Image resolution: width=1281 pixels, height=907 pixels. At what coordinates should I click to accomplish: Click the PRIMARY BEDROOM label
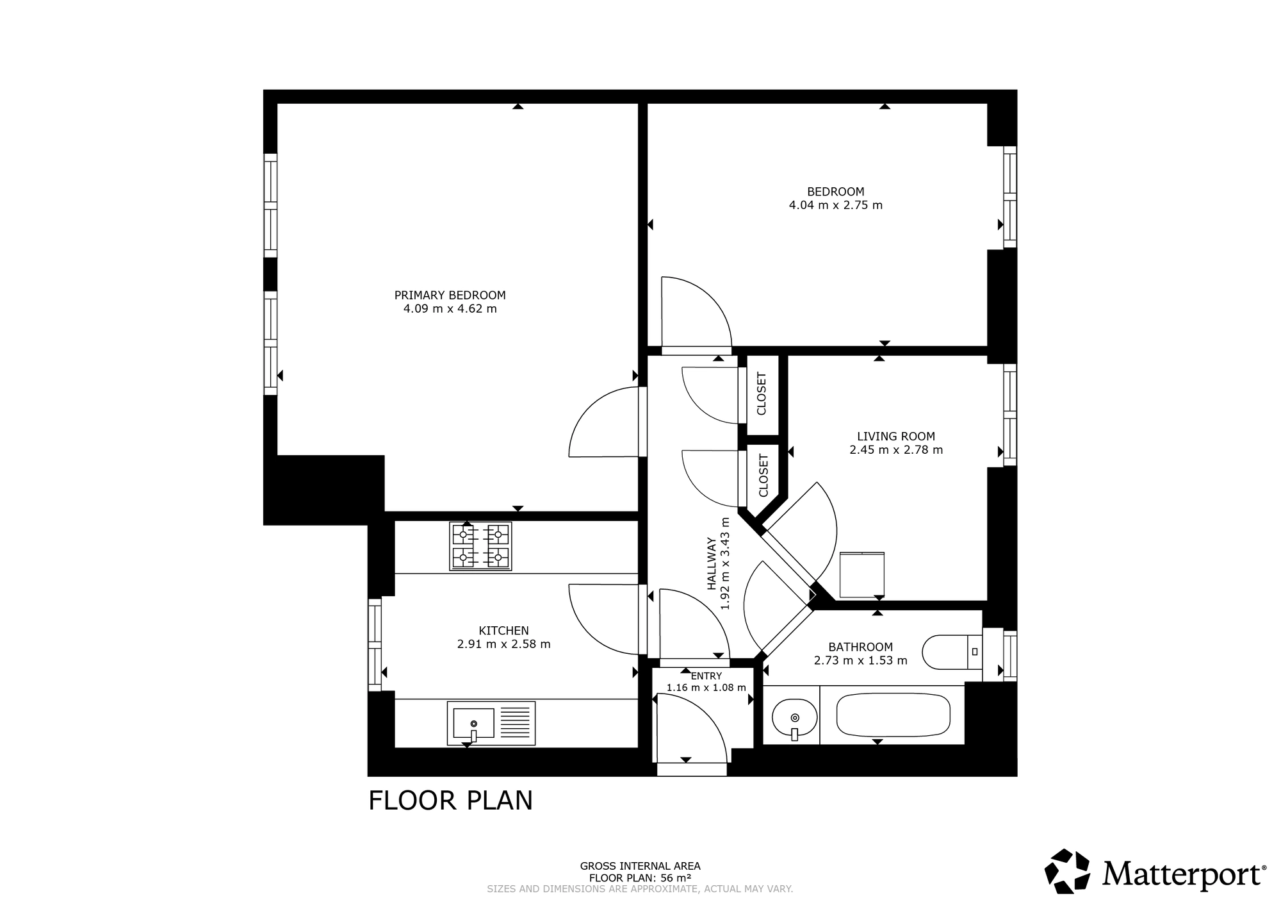click(450, 295)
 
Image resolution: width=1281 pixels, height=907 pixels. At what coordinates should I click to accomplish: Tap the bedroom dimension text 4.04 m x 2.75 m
click(835, 205)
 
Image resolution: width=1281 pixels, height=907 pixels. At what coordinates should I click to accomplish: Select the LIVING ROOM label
click(895, 437)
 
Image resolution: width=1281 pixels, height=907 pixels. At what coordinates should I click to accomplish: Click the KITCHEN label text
click(503, 631)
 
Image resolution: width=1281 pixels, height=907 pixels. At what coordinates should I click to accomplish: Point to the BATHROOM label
click(860, 647)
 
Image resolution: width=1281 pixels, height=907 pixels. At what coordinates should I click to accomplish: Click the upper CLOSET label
click(762, 394)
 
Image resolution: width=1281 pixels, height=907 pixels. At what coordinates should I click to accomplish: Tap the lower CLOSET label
click(763, 476)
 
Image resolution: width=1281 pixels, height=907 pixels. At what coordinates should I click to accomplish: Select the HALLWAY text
click(712, 563)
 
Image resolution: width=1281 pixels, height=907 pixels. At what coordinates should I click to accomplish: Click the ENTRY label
click(706, 676)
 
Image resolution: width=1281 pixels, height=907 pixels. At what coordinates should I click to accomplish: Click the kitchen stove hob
click(480, 546)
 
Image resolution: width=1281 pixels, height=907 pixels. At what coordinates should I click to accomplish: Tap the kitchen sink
click(491, 724)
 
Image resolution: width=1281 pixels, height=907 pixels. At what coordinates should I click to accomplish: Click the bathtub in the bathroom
click(894, 715)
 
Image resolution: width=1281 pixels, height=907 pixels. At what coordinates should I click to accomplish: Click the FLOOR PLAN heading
click(450, 801)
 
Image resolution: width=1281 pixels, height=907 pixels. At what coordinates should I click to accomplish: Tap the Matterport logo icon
click(1067, 871)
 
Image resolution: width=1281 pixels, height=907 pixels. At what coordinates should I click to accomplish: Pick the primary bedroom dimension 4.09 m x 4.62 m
click(450, 309)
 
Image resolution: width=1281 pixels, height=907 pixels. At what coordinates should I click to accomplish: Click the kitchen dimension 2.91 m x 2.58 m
click(503, 644)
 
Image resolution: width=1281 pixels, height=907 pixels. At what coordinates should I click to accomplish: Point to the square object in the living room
click(861, 575)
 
